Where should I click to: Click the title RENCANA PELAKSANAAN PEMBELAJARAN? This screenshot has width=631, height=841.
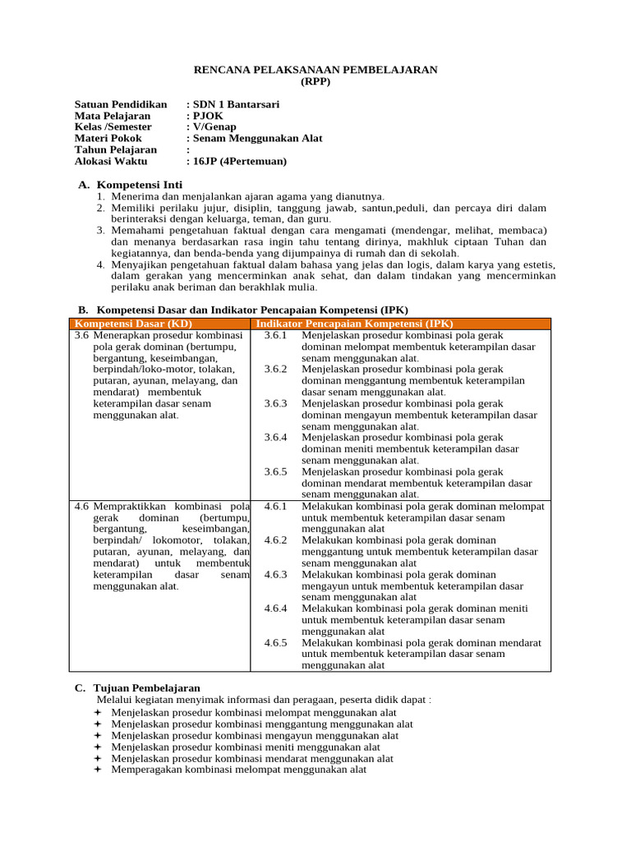(315, 70)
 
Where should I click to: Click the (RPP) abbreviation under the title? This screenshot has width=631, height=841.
(315, 81)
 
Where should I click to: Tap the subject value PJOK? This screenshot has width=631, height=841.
(208, 116)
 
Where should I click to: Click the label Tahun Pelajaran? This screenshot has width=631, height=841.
(115, 150)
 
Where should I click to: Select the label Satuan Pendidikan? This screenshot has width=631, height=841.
(121, 104)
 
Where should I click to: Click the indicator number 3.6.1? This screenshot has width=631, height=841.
(275, 335)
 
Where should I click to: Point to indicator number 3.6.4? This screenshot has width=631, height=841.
(275, 438)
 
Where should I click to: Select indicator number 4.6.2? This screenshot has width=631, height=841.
(275, 540)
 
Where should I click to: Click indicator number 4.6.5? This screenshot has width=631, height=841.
(275, 642)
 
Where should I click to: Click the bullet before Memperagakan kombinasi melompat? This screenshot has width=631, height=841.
(97, 770)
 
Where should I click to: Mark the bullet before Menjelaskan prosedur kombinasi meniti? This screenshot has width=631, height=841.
(97, 747)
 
